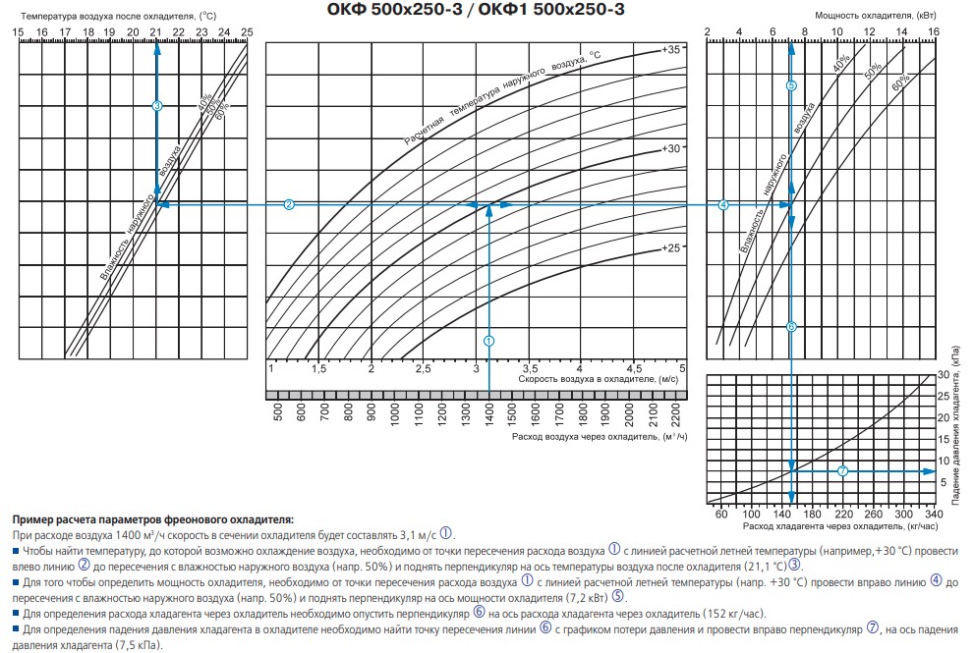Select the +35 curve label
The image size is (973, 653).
point(671,48)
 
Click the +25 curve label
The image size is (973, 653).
point(671,248)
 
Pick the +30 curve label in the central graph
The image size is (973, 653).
point(671,148)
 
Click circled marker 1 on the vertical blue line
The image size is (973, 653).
point(488,339)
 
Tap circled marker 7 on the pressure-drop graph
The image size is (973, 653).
point(842,471)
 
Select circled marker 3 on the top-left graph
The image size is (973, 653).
point(157,105)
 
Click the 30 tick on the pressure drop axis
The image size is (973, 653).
point(944,375)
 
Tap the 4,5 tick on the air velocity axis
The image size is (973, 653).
point(634,367)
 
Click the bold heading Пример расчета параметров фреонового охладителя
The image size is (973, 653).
point(152,518)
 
